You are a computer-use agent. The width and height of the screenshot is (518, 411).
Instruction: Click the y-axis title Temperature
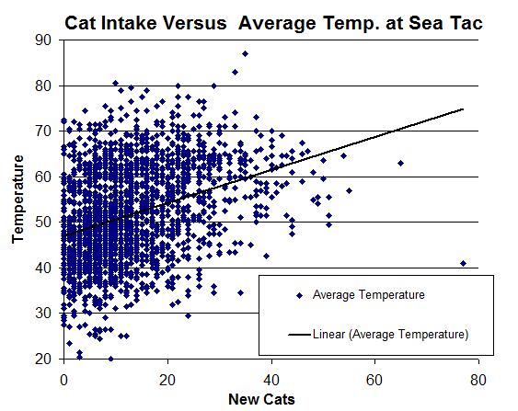(x=18, y=200)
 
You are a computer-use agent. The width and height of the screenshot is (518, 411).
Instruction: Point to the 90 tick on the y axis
(x=43, y=40)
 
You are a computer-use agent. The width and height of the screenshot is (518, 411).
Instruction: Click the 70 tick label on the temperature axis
(x=43, y=131)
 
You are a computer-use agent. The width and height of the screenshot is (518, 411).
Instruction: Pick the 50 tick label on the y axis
(x=43, y=222)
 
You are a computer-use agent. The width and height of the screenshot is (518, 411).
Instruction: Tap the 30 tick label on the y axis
(x=43, y=313)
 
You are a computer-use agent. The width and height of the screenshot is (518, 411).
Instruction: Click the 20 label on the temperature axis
(x=43, y=359)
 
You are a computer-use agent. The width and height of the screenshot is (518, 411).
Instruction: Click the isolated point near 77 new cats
(x=463, y=263)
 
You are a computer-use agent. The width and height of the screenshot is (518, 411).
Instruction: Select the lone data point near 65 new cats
(x=400, y=163)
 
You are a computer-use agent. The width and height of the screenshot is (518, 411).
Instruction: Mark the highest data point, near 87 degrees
(x=245, y=53)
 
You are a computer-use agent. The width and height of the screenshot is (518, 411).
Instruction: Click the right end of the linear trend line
(x=463, y=108)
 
